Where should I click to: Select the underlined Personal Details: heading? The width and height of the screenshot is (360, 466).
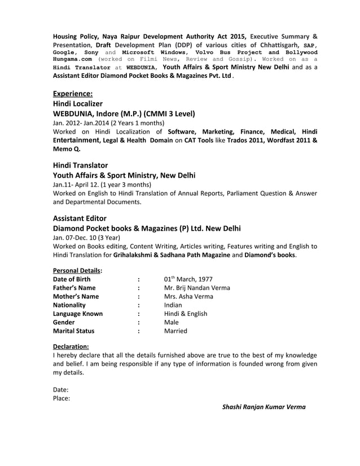pyautogui.click(x=73, y=270)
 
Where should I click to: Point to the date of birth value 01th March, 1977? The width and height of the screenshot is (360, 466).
pyautogui.click(x=188, y=279)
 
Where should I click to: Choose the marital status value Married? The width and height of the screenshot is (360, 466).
pyautogui.click(x=175, y=331)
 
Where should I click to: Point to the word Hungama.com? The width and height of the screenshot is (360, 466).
pyautogui.click(x=73, y=59)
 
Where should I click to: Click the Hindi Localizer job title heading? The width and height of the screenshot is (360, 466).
pyautogui.click(x=78, y=104)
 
